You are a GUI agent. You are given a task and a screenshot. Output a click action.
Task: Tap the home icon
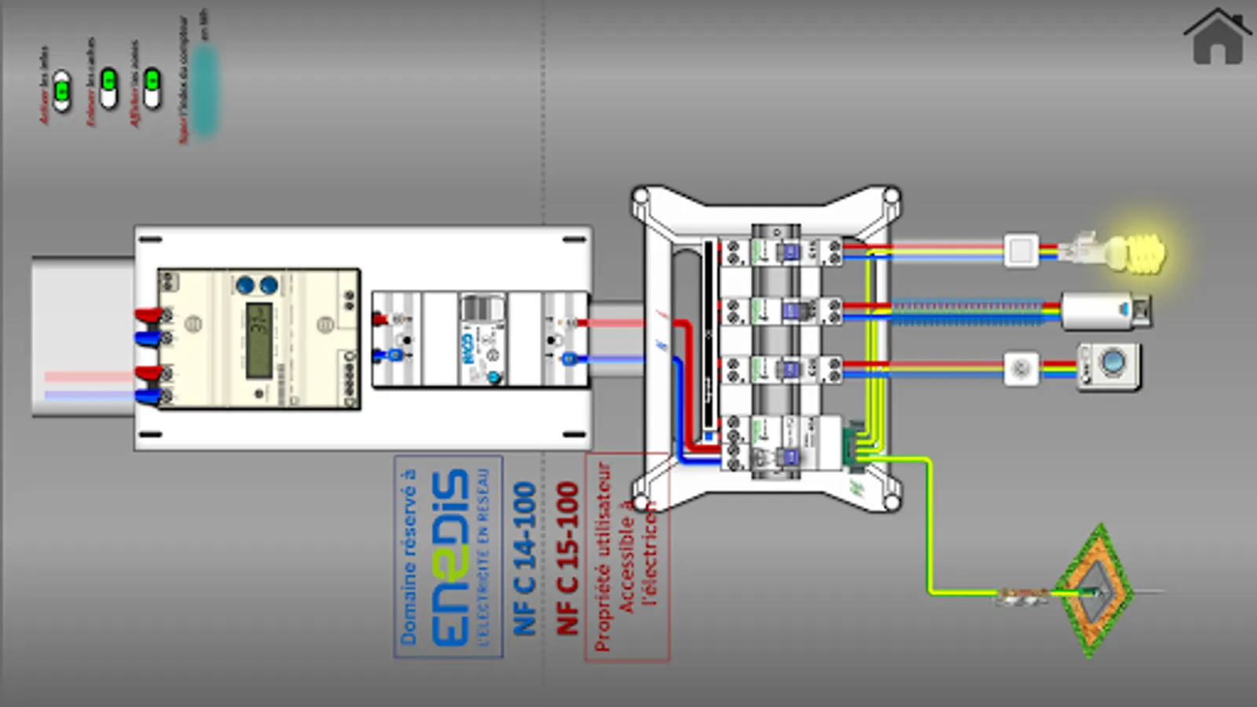1217,37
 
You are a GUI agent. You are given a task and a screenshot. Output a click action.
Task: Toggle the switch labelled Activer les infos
62,91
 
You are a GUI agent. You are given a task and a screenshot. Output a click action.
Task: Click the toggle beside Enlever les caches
108,86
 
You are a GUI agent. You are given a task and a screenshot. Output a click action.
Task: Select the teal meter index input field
204,90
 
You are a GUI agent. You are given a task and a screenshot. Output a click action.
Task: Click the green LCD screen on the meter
260,339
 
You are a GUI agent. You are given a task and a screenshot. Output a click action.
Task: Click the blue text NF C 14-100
525,559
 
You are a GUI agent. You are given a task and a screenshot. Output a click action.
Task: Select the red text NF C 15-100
567,559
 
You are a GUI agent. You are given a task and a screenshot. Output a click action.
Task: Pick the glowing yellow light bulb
1136,252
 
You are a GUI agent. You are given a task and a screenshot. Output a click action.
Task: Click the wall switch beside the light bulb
1021,251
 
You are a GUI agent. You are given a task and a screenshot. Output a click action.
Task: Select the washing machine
1109,366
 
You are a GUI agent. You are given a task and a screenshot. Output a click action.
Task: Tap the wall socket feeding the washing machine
1021,368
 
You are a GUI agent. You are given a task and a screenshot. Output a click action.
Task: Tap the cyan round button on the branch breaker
494,378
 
